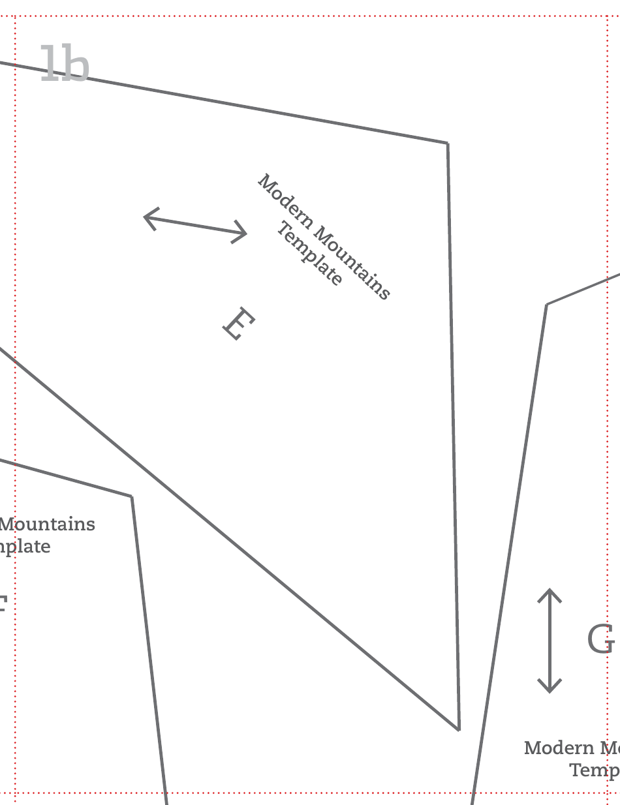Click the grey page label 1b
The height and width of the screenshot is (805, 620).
click(64, 64)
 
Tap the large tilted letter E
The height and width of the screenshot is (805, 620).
click(238, 323)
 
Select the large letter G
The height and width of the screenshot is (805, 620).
click(600, 639)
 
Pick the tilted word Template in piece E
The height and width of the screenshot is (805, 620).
click(310, 253)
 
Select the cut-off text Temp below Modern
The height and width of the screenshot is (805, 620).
click(594, 770)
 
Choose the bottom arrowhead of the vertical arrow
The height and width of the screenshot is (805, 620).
click(550, 690)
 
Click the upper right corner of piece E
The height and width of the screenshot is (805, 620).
click(448, 143)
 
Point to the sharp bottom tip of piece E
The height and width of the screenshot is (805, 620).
click(459, 729)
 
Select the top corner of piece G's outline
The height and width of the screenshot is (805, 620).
click(547, 304)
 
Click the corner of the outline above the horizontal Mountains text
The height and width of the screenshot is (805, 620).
click(132, 497)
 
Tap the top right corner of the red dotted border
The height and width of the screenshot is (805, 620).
click(608, 16)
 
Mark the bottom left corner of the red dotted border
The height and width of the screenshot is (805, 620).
click(15, 793)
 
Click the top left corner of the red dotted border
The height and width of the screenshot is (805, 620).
click(15, 16)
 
